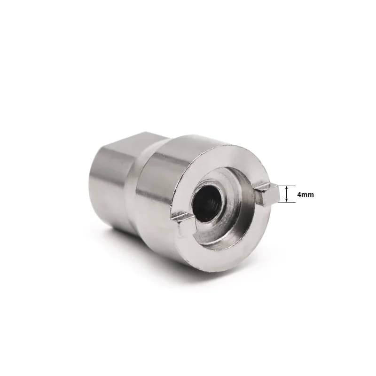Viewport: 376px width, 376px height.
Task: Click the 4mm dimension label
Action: (305, 195)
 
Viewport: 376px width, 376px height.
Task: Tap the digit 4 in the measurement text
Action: (299, 195)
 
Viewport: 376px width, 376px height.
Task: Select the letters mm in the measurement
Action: (308, 195)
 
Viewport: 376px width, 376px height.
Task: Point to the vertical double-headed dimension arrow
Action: (286, 194)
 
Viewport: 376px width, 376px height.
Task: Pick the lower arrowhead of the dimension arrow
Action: (286, 200)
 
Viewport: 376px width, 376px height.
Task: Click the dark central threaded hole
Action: (206, 203)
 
